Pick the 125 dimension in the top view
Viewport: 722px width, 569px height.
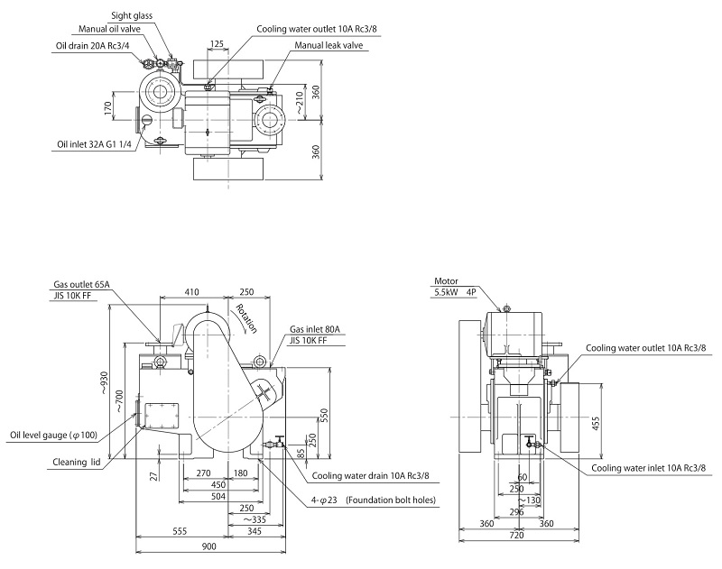click(217, 43)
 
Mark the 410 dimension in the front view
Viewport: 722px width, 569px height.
click(190, 291)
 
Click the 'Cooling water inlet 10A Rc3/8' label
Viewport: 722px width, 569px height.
click(647, 468)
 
